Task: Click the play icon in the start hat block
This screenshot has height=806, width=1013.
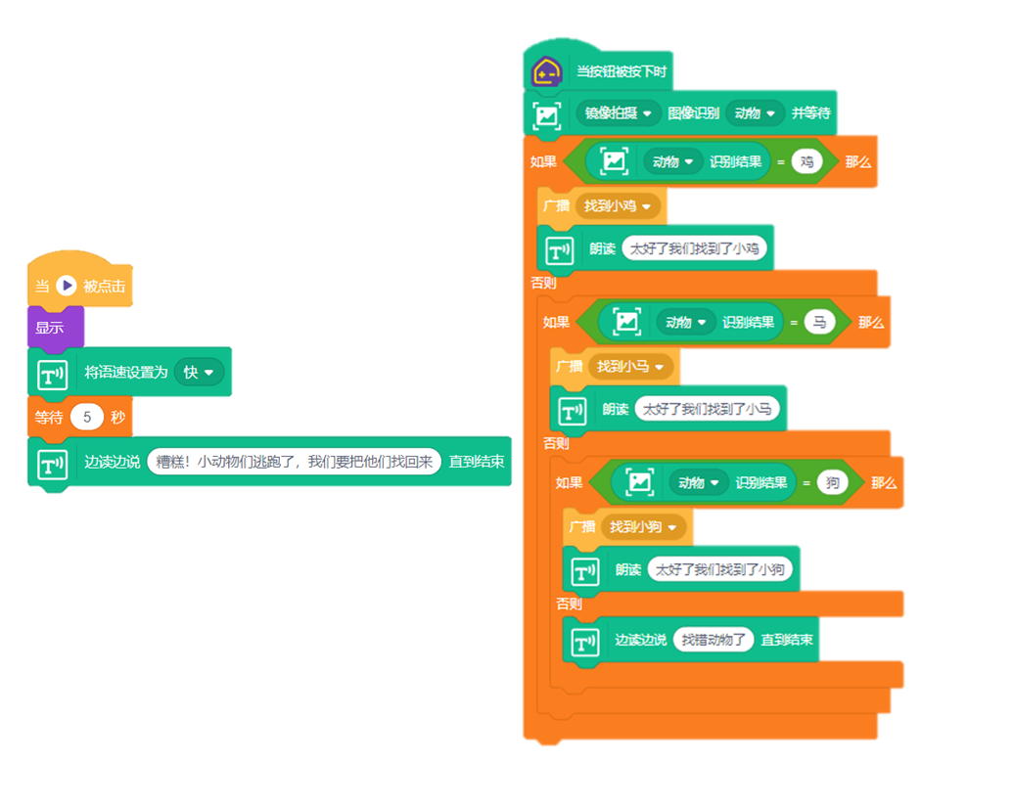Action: (66, 286)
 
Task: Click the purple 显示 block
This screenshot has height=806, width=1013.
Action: (51, 328)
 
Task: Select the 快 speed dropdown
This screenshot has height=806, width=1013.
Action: (199, 373)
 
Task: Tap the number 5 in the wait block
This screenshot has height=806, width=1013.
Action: (87, 418)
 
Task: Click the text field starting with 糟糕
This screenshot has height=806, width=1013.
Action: (294, 462)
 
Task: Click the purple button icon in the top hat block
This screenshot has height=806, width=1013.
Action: (546, 71)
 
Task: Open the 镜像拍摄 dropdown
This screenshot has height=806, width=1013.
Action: (618, 113)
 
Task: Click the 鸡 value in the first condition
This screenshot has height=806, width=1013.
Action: (806, 161)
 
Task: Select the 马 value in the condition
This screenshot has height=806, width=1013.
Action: (819, 322)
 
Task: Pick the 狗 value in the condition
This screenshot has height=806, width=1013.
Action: (833, 482)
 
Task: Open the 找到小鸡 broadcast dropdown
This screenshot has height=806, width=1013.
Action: (621, 205)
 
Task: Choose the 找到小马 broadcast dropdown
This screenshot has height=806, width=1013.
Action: (633, 366)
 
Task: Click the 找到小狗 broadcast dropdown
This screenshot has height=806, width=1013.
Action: (646, 526)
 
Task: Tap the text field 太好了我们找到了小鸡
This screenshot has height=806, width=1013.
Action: (695, 248)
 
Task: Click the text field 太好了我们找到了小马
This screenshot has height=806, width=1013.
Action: (708, 409)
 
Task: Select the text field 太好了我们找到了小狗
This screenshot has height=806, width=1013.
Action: (720, 569)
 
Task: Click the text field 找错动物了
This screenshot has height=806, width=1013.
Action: (714, 640)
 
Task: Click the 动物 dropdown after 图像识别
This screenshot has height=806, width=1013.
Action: (756, 113)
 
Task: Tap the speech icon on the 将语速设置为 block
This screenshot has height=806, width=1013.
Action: (52, 374)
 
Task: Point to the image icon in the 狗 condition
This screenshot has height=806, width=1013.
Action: (640, 482)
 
